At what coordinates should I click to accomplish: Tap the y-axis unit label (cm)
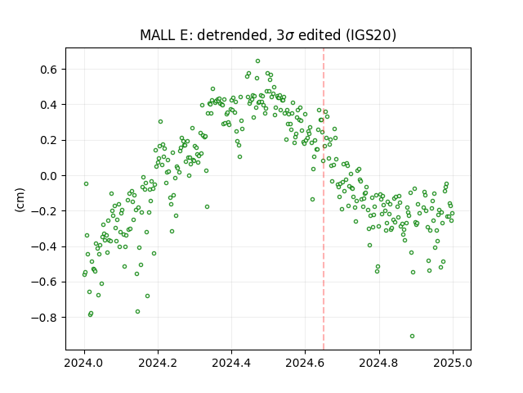20,200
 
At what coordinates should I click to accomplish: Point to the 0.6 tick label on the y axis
49,70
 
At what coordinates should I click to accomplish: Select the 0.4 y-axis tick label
49,105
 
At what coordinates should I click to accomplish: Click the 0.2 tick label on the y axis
49,140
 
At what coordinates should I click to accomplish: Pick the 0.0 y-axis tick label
49,176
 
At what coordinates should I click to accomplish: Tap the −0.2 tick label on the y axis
45,211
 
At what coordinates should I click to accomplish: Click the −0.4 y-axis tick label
45,246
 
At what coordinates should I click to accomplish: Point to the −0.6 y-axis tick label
45,282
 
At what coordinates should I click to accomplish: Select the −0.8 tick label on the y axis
45,318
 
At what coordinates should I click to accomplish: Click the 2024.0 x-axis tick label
84,363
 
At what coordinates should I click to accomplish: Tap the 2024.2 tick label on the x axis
158,363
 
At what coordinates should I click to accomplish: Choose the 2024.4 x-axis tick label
231,363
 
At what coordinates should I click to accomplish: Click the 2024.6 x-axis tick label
305,363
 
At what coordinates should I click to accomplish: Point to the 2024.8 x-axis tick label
379,363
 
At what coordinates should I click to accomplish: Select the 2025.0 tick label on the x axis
453,363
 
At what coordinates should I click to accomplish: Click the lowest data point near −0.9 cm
412,337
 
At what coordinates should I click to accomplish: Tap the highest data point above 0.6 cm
258,61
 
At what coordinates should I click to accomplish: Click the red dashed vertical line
324,199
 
